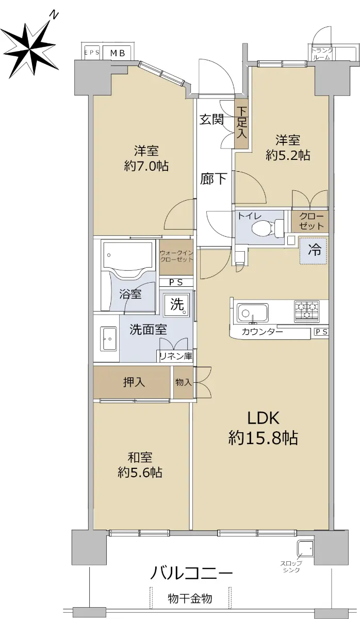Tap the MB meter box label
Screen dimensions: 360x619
tap(118, 53)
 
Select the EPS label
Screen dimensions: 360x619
tap(92, 53)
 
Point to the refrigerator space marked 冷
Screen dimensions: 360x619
tap(314, 251)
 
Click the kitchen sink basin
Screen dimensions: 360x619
tap(252, 313)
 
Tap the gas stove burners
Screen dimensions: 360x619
tap(307, 311)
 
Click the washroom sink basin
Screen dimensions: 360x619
tap(108, 339)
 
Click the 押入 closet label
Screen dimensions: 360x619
tap(134, 382)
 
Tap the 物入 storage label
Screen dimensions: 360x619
tap(184, 383)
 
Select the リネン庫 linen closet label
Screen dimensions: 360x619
tap(176, 356)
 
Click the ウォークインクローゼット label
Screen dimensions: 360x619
tap(176, 256)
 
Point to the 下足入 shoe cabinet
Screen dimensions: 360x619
tap(242, 122)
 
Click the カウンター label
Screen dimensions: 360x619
tap(262, 331)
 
